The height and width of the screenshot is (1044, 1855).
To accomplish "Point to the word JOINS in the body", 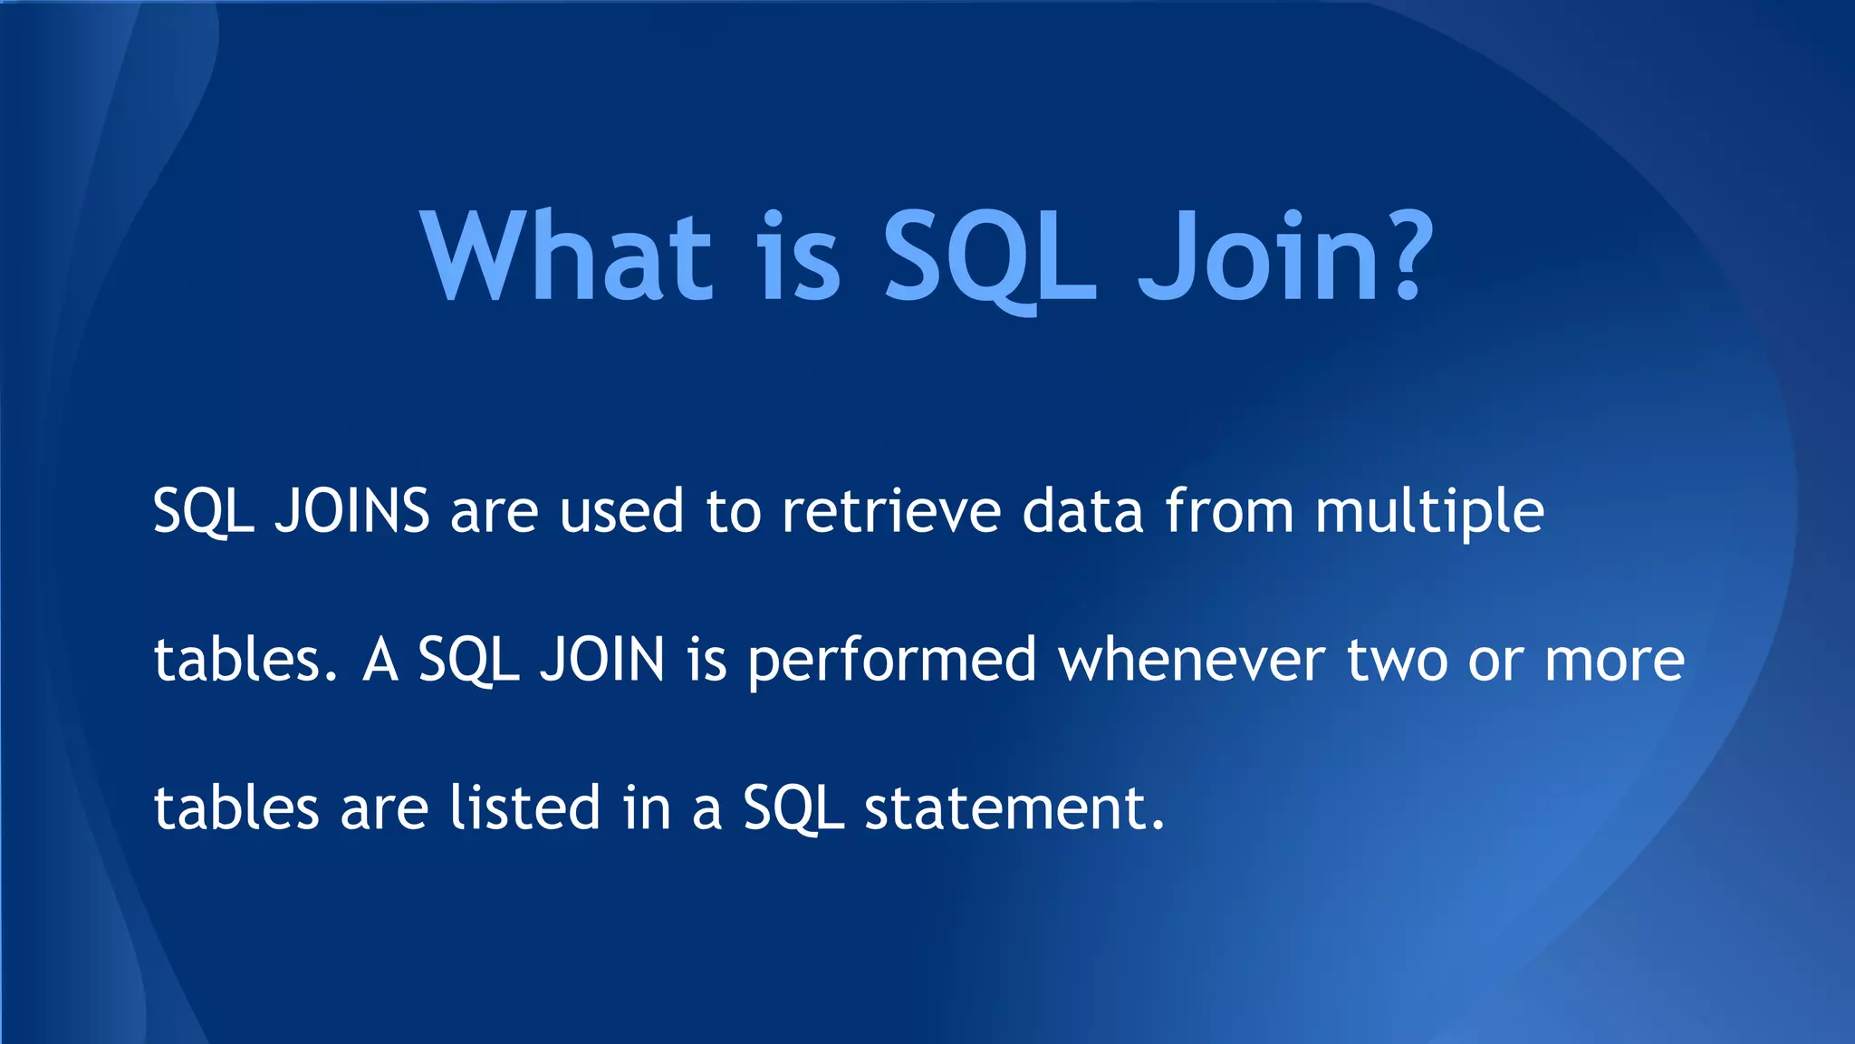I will [352, 512].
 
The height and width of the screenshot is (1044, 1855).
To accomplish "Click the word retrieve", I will [891, 512].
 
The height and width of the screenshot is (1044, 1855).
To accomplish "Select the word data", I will [1083, 512].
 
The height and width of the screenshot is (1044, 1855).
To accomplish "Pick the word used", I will [621, 512].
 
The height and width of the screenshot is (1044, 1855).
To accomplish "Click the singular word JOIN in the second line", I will [602, 660].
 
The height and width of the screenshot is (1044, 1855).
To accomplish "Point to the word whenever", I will [1192, 660].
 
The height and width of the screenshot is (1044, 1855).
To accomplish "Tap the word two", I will [1396, 660].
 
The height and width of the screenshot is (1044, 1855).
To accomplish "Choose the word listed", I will [525, 807].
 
